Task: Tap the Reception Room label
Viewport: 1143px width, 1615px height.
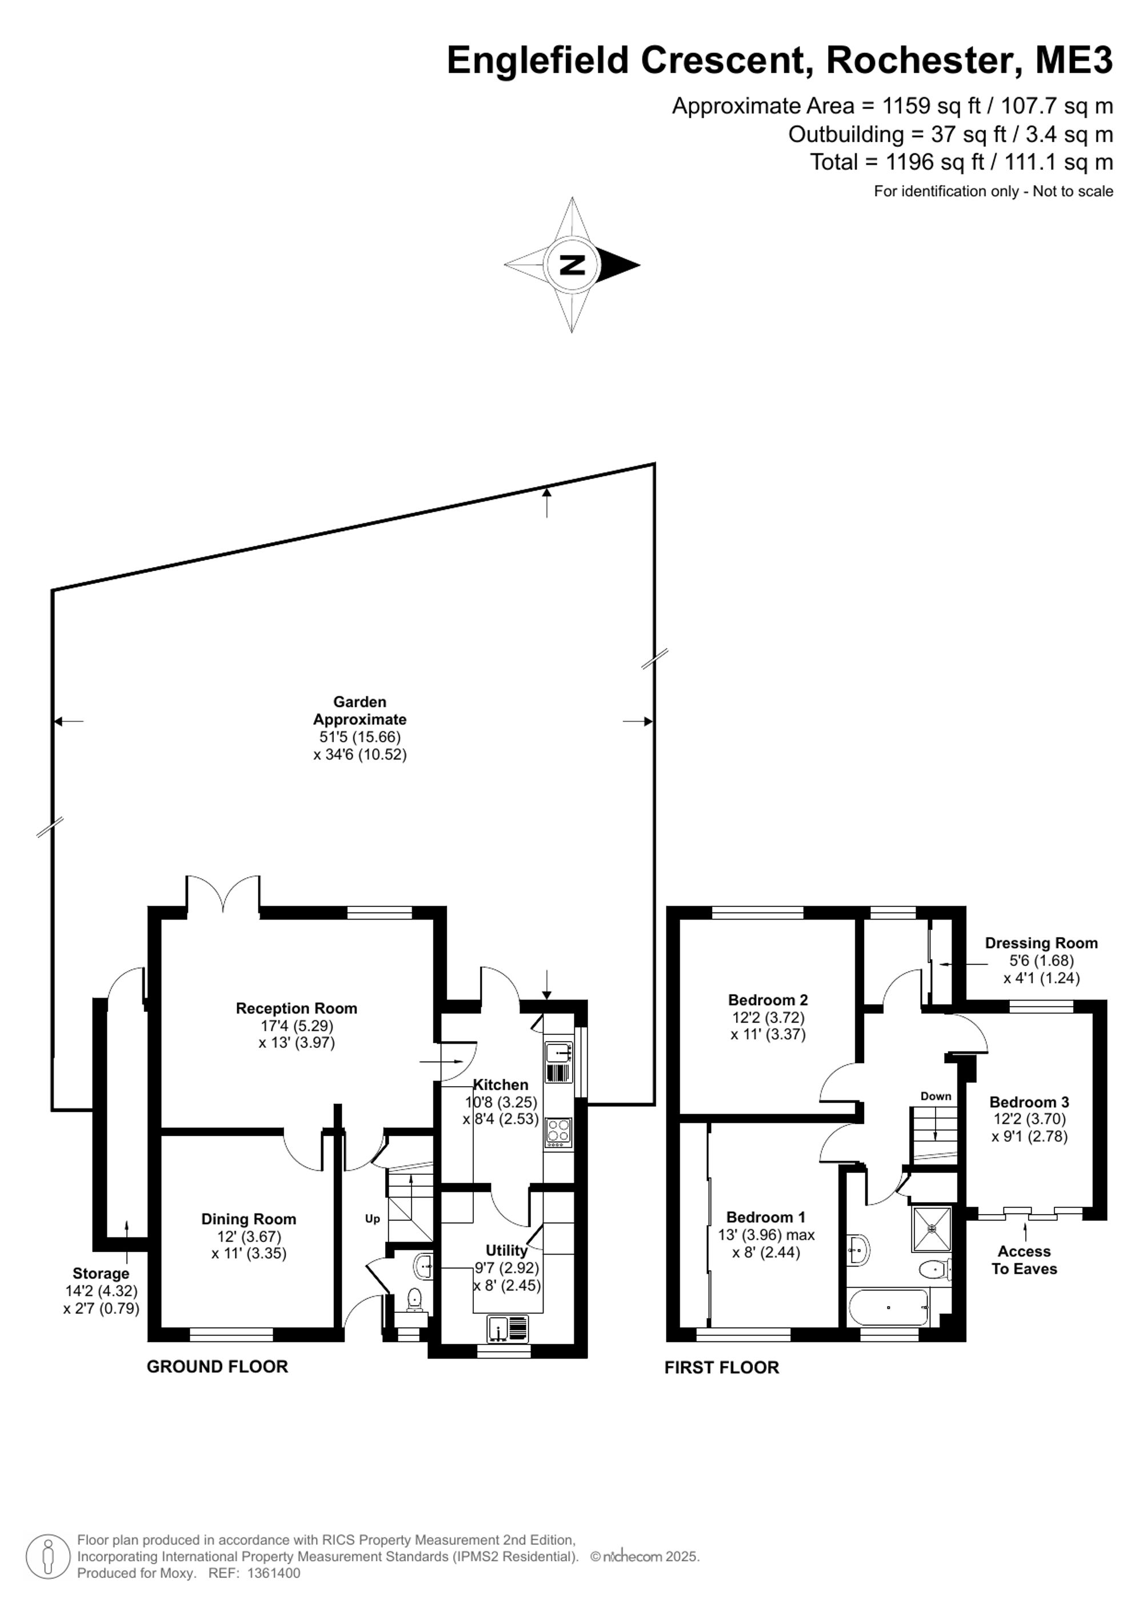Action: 296,1008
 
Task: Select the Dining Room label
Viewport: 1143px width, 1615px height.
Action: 249,1219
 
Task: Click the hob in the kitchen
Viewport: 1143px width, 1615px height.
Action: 559,1133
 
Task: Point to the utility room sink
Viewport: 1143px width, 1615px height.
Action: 507,1328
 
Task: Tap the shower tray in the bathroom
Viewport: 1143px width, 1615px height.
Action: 932,1229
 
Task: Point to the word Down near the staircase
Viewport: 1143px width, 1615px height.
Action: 936,1096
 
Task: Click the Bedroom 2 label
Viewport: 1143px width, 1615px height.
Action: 768,999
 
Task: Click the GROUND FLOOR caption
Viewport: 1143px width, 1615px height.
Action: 218,1367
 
